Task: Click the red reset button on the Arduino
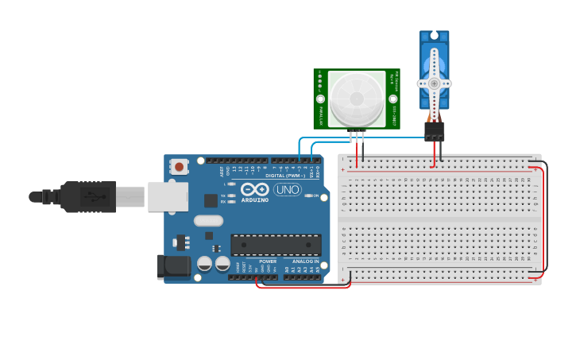click(x=180, y=167)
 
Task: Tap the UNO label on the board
click(x=287, y=190)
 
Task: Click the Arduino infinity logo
click(x=255, y=190)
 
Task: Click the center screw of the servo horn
click(x=434, y=83)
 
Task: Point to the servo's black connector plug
click(x=434, y=131)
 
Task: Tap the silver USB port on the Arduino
click(x=167, y=196)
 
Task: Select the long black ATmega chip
click(x=276, y=245)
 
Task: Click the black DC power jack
click(x=176, y=267)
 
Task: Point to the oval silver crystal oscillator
click(x=208, y=221)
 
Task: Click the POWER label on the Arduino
click(x=268, y=261)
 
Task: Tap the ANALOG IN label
click(x=305, y=261)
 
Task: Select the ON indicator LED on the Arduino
click(x=307, y=195)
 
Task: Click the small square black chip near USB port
click(x=211, y=200)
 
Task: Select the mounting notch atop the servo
click(x=435, y=35)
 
